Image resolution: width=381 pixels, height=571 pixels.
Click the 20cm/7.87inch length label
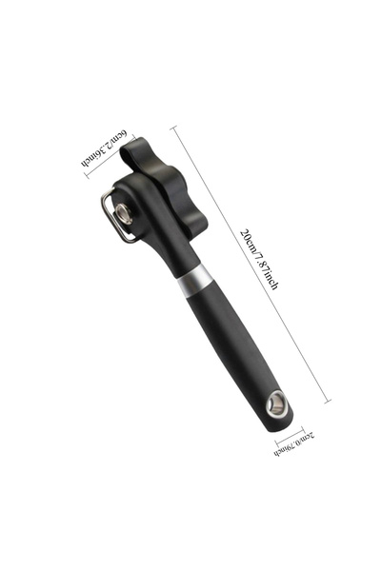pos(259,259)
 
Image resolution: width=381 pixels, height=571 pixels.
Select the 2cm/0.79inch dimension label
pos(294,443)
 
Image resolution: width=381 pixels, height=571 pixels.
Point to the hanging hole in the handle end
pos(277,403)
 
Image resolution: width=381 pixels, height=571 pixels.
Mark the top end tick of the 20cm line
pos(173,128)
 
